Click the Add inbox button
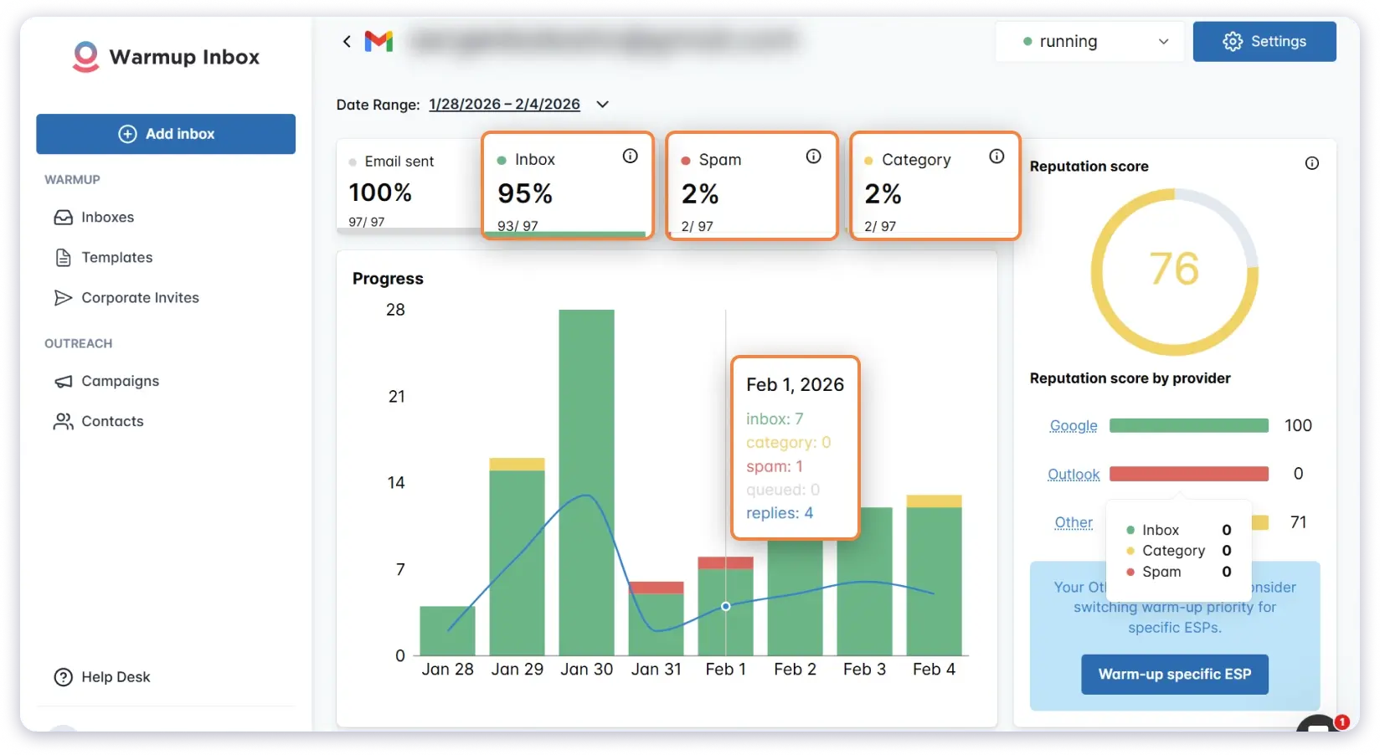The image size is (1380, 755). pyautogui.click(x=166, y=134)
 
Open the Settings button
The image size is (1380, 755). pyautogui.click(x=1264, y=41)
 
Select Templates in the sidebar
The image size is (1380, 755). pyautogui.click(x=116, y=257)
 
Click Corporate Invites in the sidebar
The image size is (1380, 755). pyautogui.click(x=140, y=297)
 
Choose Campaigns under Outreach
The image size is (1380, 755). pyautogui.click(x=120, y=381)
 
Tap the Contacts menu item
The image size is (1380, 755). pyautogui.click(x=112, y=421)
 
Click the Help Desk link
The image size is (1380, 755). pyautogui.click(x=115, y=676)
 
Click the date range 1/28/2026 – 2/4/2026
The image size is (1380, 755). pyautogui.click(x=504, y=104)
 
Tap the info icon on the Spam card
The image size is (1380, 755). pyautogui.click(x=813, y=157)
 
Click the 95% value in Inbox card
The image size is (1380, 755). pyautogui.click(x=525, y=193)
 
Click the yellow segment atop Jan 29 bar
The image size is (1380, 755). pyautogui.click(x=517, y=464)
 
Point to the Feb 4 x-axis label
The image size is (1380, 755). pyautogui.click(x=934, y=669)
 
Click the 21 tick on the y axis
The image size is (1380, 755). pyautogui.click(x=396, y=396)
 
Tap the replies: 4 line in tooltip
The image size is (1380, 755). pyautogui.click(x=780, y=513)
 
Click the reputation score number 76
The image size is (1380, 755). pyautogui.click(x=1174, y=269)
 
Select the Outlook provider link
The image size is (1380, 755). pyautogui.click(x=1074, y=474)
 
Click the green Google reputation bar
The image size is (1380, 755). pyautogui.click(x=1188, y=425)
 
